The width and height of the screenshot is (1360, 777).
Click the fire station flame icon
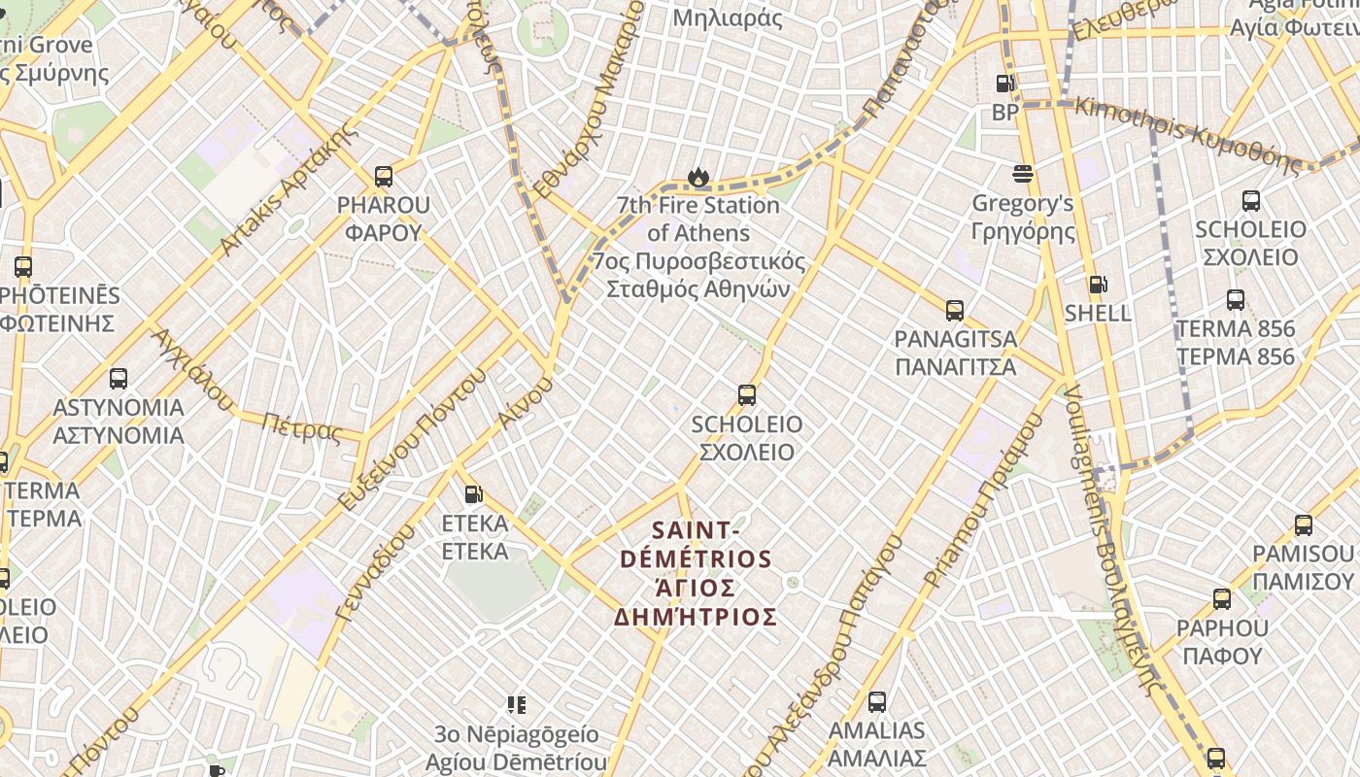[697, 177]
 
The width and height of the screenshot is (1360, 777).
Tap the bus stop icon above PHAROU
[384, 177]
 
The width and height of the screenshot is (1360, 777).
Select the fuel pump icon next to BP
[1004, 84]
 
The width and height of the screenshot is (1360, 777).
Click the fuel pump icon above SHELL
[1098, 285]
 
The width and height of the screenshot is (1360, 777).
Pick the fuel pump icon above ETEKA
[473, 494]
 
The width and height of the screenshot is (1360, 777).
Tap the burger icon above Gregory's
[1022, 174]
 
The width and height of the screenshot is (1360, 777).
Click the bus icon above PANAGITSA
[955, 311]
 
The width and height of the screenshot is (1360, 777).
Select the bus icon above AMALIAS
[877, 701]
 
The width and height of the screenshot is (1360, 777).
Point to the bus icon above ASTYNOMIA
[119, 379]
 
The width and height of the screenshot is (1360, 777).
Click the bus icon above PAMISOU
[1304, 525]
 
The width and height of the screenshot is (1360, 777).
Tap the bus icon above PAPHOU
[1222, 599]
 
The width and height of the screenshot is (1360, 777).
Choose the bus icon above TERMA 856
[1236, 300]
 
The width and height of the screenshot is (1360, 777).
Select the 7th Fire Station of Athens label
[697, 248]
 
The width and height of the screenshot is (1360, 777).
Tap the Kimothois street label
[1187, 133]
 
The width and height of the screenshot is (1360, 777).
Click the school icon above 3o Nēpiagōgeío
[517, 704]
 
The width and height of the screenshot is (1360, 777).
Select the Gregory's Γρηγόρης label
[1023, 218]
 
